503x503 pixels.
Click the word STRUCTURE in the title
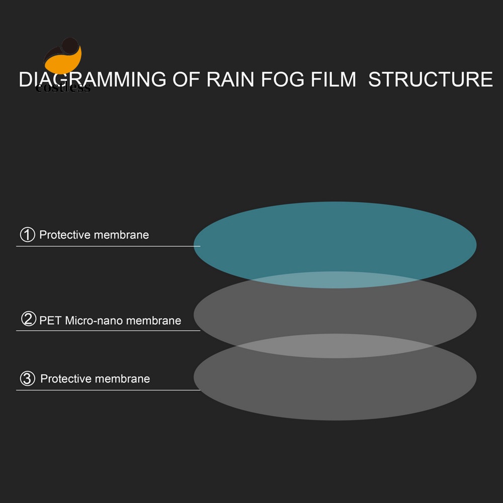point(431,80)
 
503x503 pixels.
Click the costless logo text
point(63,88)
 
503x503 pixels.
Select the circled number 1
point(27,234)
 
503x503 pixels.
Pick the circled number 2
point(28,319)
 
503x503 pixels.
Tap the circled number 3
point(27,378)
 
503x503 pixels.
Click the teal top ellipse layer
point(335,236)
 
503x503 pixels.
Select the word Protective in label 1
point(64,235)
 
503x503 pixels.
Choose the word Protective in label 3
point(65,379)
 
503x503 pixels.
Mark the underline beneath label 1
point(108,246)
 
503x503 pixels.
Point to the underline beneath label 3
point(108,390)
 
